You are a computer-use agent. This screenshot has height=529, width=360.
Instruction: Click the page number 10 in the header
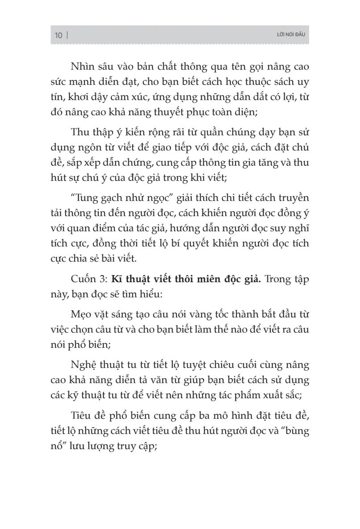click(x=59, y=35)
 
